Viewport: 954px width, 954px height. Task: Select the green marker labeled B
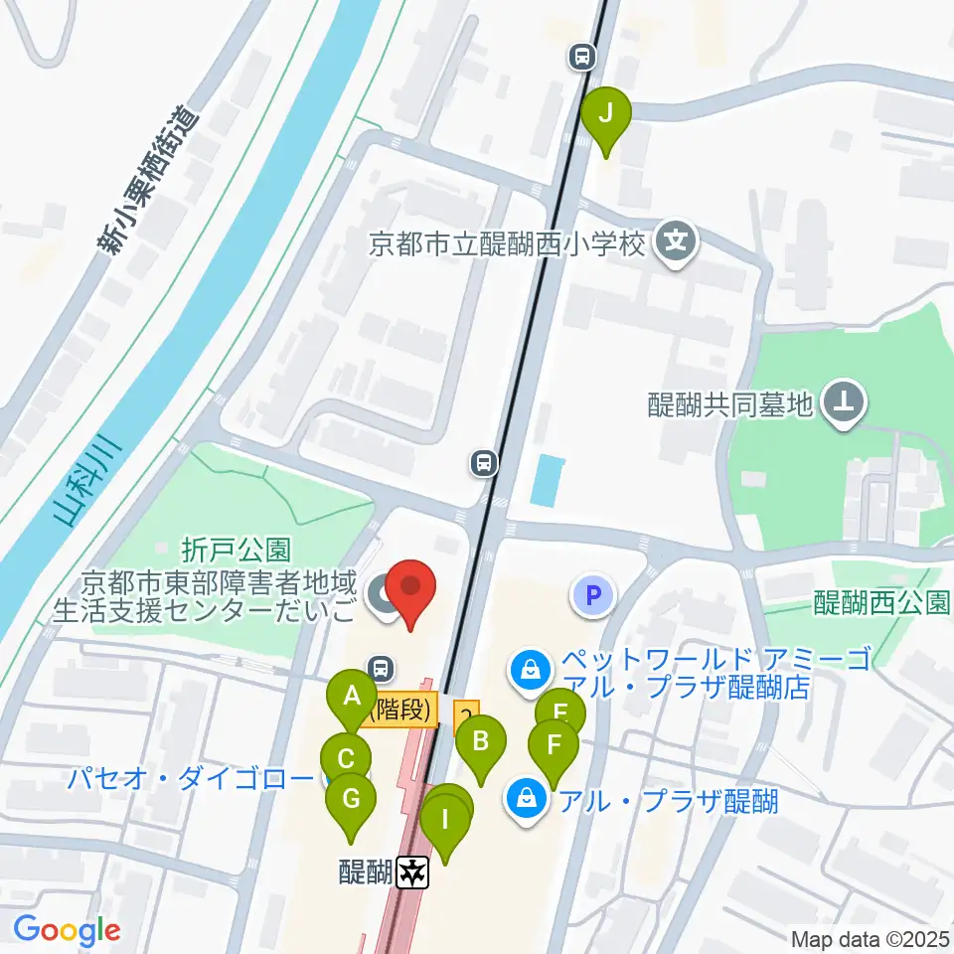[x=481, y=741]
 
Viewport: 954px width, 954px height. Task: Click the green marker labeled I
[x=444, y=823]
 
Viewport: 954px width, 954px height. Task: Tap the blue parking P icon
[x=593, y=596]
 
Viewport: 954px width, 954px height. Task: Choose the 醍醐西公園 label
[x=881, y=602]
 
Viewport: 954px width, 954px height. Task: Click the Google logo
[x=67, y=930]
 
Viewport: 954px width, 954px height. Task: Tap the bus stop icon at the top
[x=583, y=58]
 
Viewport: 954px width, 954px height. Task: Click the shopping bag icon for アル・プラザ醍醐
[x=525, y=799]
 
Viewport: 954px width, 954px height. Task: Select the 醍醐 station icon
[x=412, y=874]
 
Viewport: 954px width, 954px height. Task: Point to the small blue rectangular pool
[x=545, y=479]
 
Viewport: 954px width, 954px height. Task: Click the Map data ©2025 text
[x=871, y=938]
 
